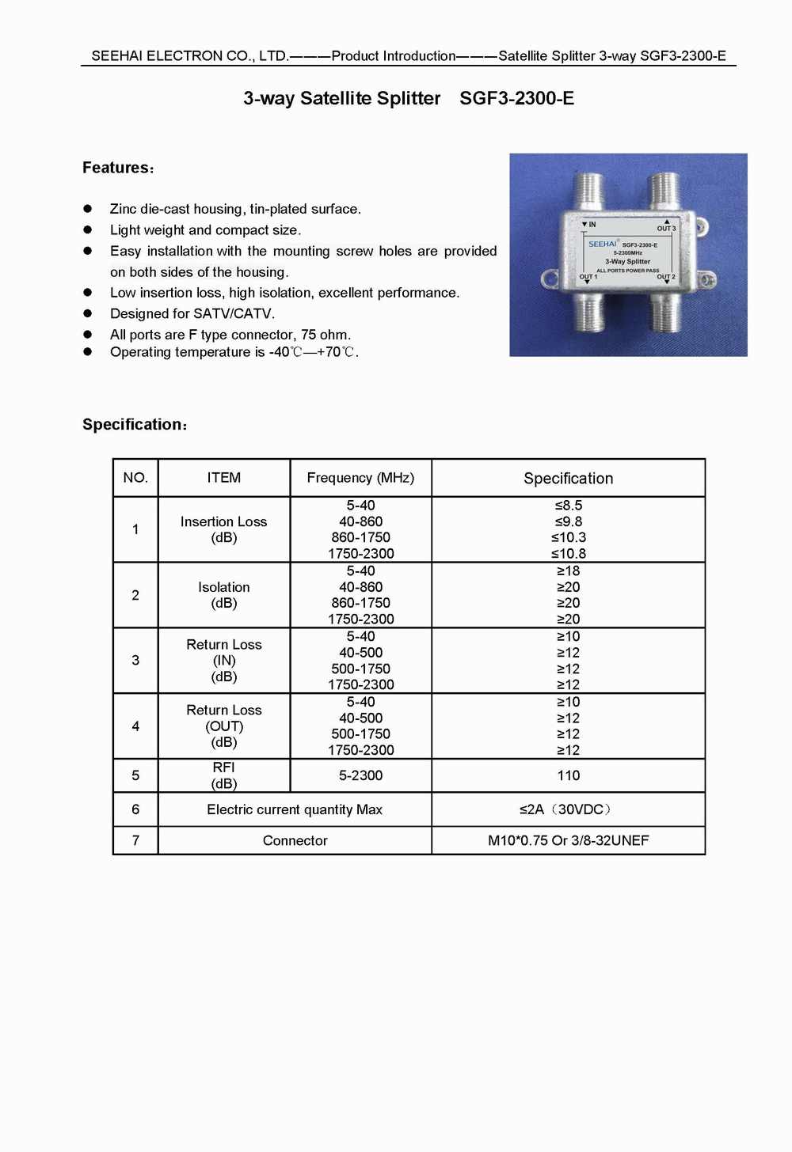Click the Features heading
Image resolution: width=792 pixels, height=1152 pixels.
(117, 168)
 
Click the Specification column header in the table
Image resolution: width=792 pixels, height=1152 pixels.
(568, 478)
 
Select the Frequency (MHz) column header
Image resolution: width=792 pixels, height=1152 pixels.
(360, 478)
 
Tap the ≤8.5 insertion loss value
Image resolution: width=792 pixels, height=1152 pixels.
(568, 506)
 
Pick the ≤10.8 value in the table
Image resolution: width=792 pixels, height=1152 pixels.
(568, 554)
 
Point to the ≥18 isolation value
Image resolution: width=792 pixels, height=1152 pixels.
(568, 571)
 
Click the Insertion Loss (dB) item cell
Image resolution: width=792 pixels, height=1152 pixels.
(223, 529)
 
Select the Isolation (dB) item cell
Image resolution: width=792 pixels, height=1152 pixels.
(223, 595)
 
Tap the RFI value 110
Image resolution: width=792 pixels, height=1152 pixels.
(568, 775)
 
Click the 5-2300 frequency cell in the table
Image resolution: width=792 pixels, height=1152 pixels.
(360, 775)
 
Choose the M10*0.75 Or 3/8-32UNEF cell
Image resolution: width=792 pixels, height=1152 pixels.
(568, 840)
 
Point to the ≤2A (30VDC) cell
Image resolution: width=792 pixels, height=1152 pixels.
(568, 809)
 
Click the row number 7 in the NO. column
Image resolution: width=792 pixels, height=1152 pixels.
(135, 840)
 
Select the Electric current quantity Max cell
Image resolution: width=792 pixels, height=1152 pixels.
(295, 809)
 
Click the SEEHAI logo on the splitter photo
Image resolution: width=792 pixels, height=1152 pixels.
(602, 244)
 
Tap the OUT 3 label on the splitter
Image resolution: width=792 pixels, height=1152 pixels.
(666, 228)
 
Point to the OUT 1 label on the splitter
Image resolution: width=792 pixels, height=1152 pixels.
(588, 277)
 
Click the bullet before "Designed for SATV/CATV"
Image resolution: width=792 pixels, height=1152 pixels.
(88, 313)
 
